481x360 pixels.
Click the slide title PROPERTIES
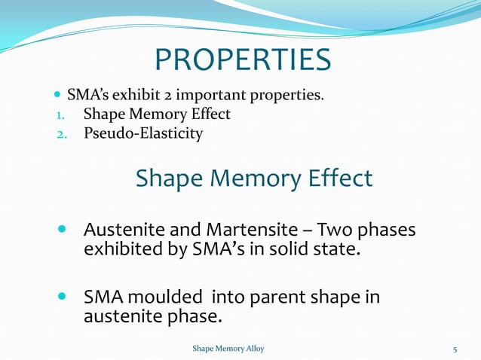(242, 60)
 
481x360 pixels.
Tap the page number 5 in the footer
(455, 349)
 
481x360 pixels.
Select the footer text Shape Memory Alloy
(228, 349)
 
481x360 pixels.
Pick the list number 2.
(60, 134)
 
